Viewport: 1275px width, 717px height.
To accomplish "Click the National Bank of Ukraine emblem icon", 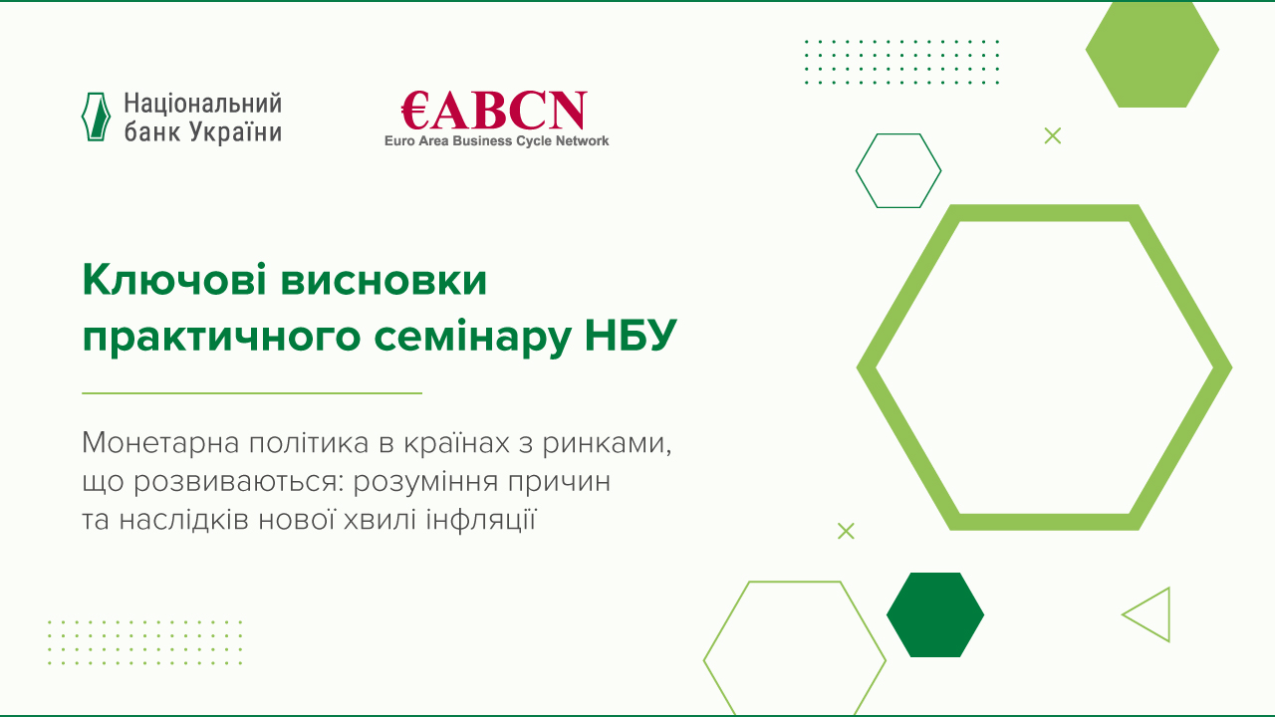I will [96, 117].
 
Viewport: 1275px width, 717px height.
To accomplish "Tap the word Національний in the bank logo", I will [203, 104].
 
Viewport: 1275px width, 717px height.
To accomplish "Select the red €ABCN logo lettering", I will [494, 112].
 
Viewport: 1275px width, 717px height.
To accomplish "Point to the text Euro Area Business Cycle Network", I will [496, 141].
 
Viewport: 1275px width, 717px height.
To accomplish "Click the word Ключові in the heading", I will [172, 282].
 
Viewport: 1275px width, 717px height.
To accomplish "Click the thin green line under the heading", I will [252, 393].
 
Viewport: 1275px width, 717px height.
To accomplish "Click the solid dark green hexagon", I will [935, 615].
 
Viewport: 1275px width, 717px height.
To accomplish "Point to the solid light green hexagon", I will [1151, 55].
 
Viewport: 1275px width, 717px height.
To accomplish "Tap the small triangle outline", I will [1149, 614].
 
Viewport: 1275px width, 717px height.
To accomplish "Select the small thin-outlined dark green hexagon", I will [898, 170].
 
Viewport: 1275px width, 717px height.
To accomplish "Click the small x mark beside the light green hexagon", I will [1053, 136].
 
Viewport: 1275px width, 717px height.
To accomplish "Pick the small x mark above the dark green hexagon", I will [846, 531].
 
